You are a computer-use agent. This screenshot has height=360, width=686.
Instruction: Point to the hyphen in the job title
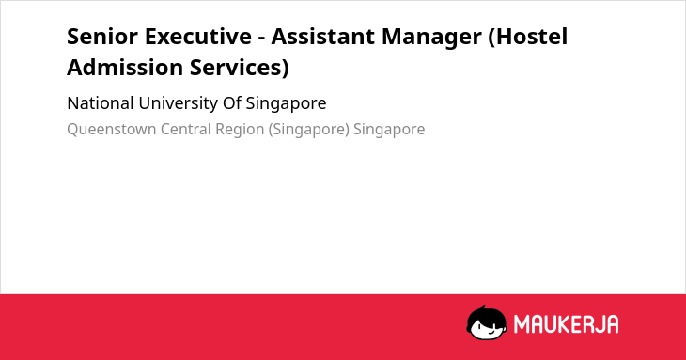click(x=261, y=38)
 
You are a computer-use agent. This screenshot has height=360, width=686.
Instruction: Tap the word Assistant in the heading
click(x=322, y=37)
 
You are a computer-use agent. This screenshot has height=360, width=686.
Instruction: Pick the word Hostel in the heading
click(x=528, y=37)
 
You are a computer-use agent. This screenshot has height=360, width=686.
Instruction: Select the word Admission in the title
click(x=125, y=68)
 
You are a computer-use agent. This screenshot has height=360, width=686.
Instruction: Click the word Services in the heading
click(x=240, y=69)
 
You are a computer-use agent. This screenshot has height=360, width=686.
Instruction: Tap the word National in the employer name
click(x=101, y=103)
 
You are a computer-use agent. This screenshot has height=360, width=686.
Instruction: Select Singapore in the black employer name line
click(x=286, y=104)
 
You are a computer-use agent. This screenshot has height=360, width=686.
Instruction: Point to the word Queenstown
click(x=112, y=130)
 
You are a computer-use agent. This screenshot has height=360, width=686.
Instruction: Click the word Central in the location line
click(x=185, y=129)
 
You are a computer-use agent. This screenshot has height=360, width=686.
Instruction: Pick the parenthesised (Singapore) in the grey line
click(x=308, y=130)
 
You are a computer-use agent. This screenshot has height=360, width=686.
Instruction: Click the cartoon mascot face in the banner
click(x=486, y=323)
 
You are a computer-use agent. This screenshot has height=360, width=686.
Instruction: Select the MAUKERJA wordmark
click(x=566, y=324)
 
